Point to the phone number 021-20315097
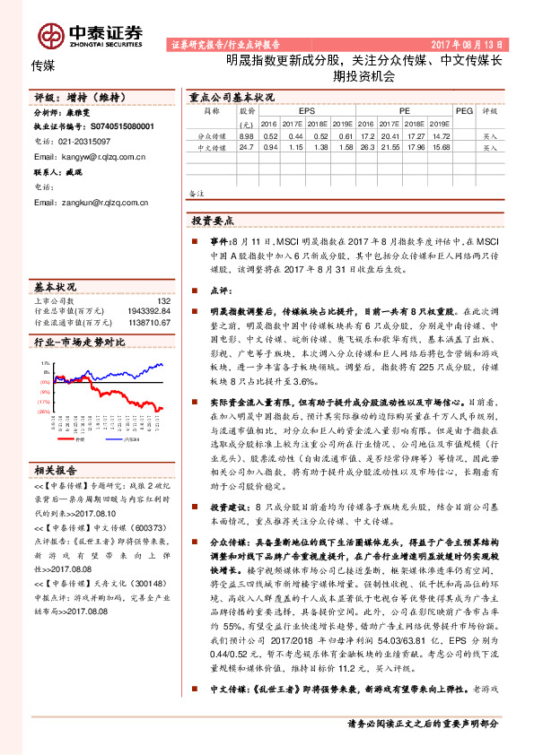coord(84,142)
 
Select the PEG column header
coord(463,110)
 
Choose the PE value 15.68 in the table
coord(441,146)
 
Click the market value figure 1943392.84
coord(145,311)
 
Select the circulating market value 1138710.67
coord(145,322)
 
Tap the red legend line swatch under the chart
coord(68,439)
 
